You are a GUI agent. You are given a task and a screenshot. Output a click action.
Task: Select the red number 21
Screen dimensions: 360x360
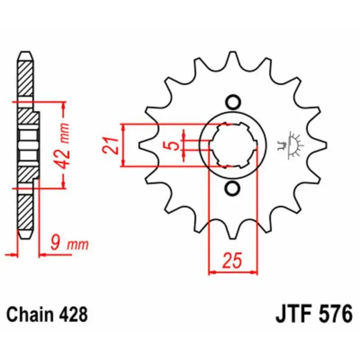pos(110,145)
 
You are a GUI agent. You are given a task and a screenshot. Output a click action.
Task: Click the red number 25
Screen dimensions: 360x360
pos(232,261)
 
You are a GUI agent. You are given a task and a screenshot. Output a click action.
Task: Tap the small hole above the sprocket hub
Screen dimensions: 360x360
pos(233,102)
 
